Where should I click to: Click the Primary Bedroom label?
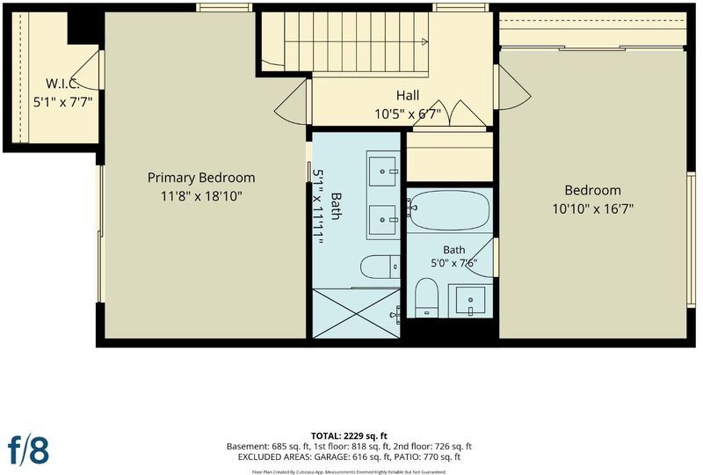tap(201, 178)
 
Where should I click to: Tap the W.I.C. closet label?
tap(62, 84)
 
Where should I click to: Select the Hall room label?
tap(408, 95)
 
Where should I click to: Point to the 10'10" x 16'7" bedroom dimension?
tap(592, 208)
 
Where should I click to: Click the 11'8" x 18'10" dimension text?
tap(201, 196)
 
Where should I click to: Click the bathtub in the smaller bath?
tap(449, 210)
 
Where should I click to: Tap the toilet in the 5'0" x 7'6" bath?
tap(426, 297)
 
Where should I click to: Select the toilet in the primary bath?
tap(380, 267)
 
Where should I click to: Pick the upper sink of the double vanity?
tap(382, 171)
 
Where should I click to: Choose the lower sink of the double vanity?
tap(382, 220)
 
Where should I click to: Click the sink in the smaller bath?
tap(470, 300)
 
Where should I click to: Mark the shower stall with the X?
tap(356, 313)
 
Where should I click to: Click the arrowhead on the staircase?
tap(424, 41)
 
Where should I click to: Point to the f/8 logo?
tap(28, 449)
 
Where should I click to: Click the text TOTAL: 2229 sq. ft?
tap(349, 435)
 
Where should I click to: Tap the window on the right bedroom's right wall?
tap(691, 240)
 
